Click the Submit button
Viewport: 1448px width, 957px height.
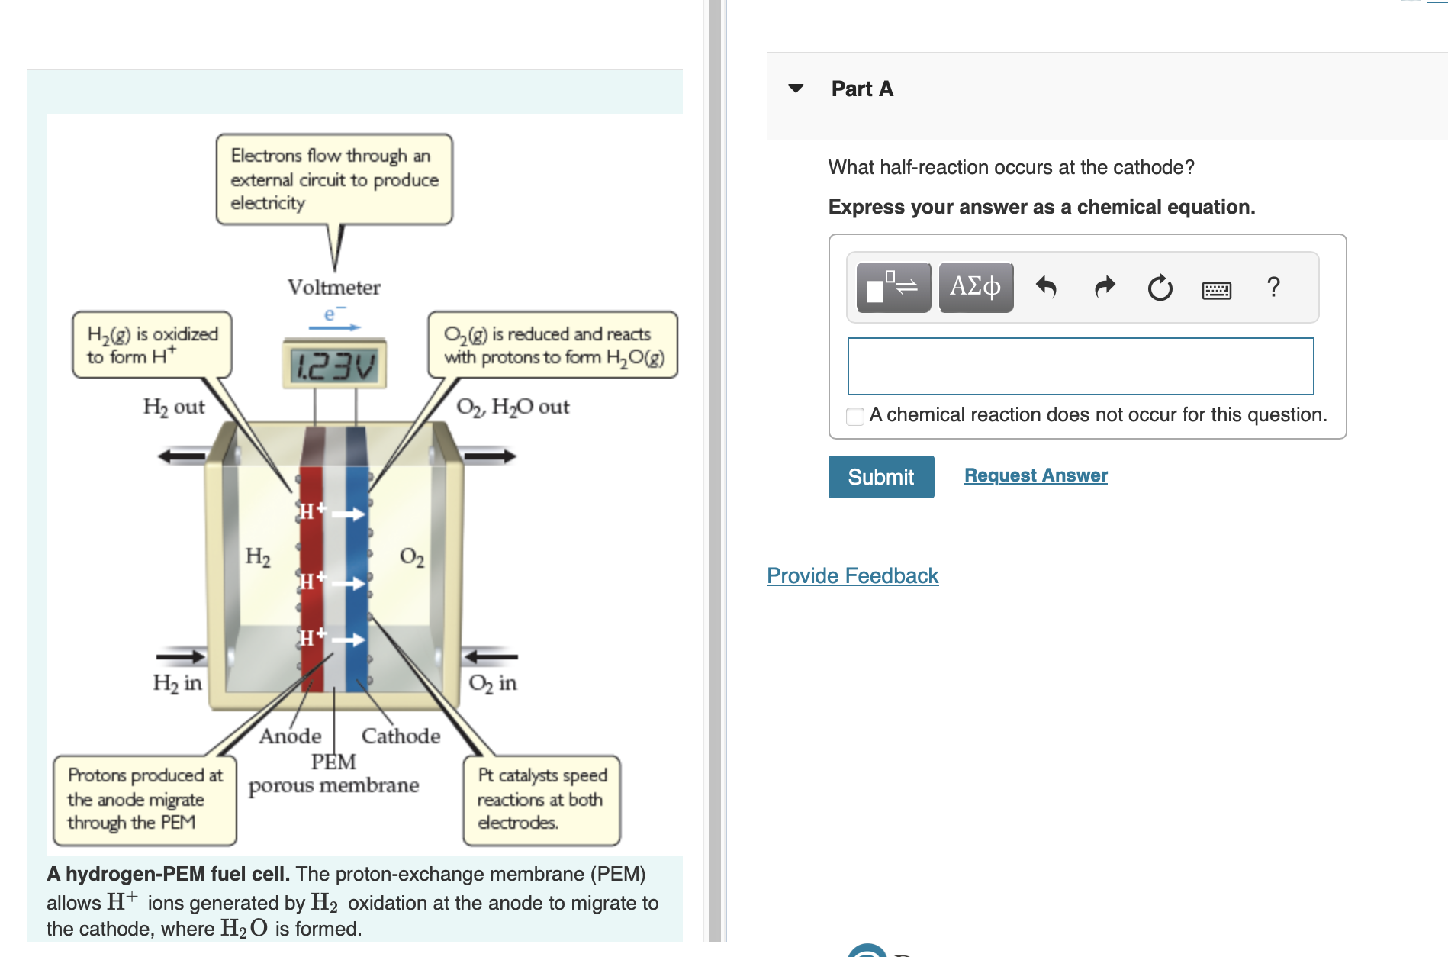click(880, 477)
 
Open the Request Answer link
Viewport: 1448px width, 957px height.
click(1035, 475)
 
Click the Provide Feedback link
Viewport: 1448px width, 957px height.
click(852, 575)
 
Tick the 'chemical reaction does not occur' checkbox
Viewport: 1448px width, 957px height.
click(855, 416)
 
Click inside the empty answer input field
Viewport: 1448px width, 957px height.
click(1080, 366)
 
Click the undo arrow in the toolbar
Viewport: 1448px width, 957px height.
click(1046, 288)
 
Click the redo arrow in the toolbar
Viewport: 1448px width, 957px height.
click(1104, 288)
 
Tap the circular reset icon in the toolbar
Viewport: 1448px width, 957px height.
click(1160, 288)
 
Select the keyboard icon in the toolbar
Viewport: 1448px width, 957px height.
click(1216, 290)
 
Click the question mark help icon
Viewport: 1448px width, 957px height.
click(1273, 287)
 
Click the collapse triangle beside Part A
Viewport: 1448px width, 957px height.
click(796, 89)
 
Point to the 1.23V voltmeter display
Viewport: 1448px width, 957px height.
click(335, 366)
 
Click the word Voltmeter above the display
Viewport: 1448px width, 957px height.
click(333, 288)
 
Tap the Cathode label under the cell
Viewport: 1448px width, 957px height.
click(401, 736)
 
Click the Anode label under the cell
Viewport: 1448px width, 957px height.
click(290, 736)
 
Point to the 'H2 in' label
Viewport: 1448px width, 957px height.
click(177, 682)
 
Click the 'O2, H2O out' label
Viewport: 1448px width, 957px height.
click(513, 407)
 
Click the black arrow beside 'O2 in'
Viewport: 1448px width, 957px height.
click(491, 656)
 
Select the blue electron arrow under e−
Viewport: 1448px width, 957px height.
click(334, 328)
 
